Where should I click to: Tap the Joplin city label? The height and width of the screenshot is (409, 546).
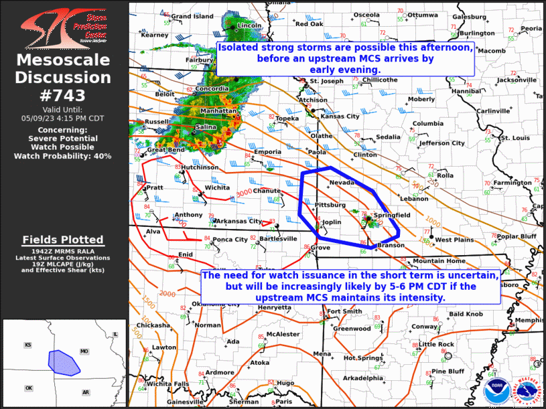coord(332,222)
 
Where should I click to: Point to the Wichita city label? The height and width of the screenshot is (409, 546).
coord(217,187)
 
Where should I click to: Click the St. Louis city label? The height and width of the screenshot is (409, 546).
coord(515,138)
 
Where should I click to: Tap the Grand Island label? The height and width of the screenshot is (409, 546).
coord(192,16)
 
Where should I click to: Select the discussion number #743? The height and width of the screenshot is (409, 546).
coord(63,95)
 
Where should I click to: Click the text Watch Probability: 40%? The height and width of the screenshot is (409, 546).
coord(63,156)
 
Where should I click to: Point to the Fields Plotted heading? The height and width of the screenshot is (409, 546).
coord(63,240)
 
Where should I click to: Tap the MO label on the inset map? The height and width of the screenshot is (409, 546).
coord(84,351)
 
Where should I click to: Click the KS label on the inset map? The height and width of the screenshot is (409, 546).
coord(28,345)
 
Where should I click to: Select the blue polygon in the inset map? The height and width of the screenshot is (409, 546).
coord(63,361)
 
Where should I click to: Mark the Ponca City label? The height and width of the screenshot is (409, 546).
coord(230,240)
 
